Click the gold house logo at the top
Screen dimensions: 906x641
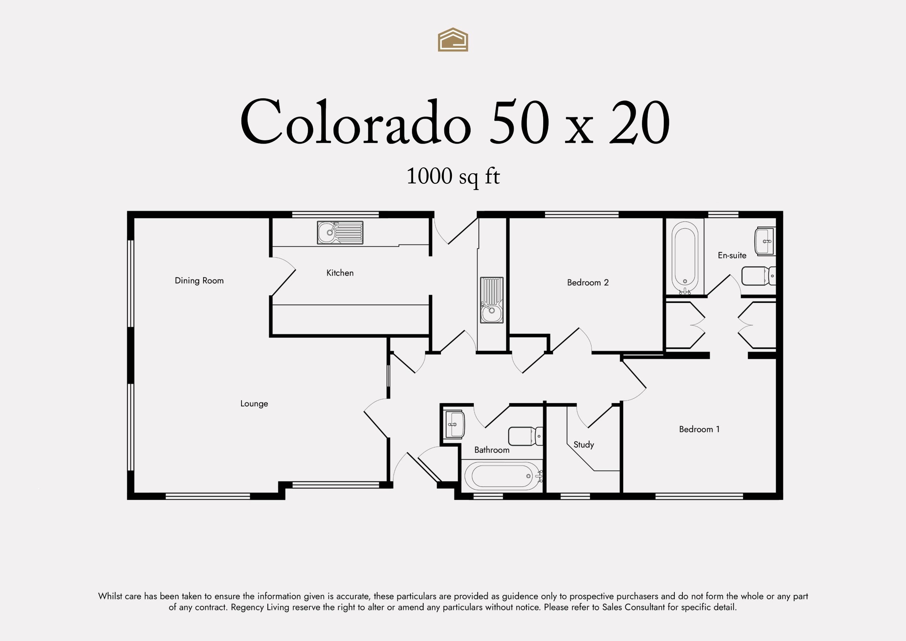click(453, 39)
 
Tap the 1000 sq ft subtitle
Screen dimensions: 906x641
click(453, 177)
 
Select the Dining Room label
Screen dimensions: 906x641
click(199, 281)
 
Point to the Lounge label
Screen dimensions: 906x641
click(254, 403)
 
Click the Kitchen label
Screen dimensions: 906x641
click(340, 273)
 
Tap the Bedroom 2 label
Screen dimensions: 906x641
click(587, 282)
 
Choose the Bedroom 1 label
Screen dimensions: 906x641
click(699, 429)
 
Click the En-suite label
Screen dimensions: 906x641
click(732, 255)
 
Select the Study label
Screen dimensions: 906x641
click(584, 444)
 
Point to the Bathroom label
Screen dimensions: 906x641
click(492, 450)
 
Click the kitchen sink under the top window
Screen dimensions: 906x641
click(340, 232)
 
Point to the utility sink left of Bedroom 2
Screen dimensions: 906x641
click(492, 300)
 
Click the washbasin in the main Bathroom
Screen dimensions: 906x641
click(454, 424)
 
